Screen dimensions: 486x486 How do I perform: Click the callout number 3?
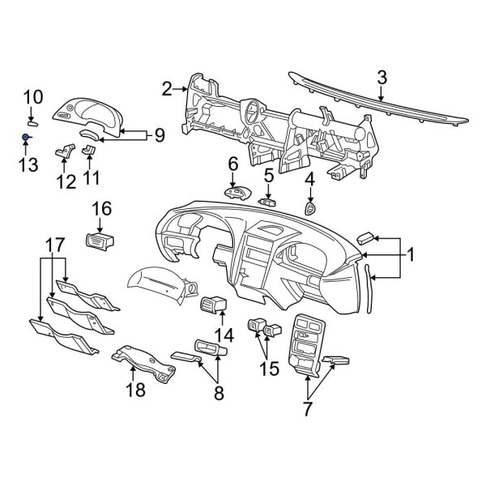tap(382, 77)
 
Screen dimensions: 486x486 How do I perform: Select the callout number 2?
tap(168, 88)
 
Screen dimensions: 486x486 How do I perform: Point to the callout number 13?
tap(28, 165)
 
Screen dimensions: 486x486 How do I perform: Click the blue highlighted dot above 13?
tap(26, 138)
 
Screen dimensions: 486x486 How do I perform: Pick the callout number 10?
tap(32, 97)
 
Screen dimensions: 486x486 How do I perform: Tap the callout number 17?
tap(53, 244)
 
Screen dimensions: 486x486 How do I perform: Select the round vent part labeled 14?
tap(213, 305)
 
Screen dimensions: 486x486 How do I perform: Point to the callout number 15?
tap(268, 369)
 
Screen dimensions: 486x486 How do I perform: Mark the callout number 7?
tap(308, 408)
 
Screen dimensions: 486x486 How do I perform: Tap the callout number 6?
tap(232, 164)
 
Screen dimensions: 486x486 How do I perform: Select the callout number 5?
tap(268, 174)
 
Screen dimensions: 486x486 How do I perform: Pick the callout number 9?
tap(160, 135)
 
